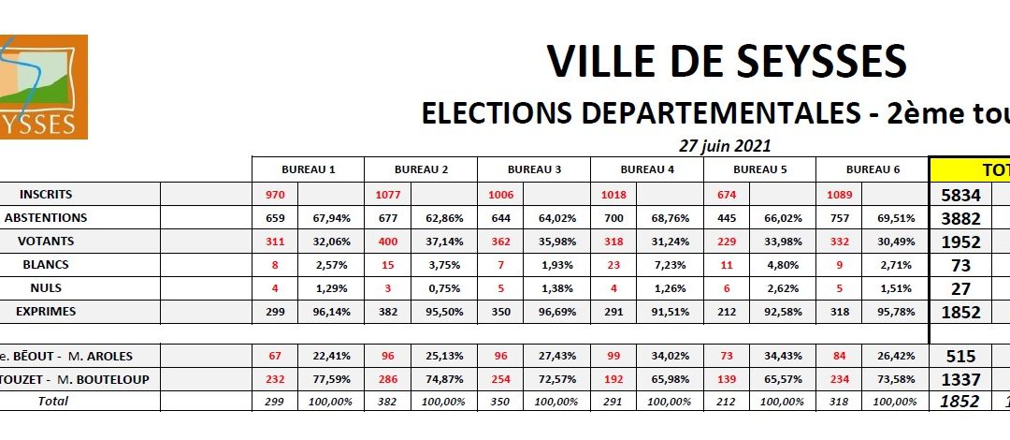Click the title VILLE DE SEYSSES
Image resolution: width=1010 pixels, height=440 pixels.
tap(726, 62)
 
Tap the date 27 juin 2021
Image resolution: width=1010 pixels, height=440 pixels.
tap(726, 145)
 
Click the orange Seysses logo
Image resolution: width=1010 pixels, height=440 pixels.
tap(43, 86)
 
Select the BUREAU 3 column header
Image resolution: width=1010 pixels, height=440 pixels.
tap(534, 170)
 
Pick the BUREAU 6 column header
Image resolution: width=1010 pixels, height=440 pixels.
tap(873, 170)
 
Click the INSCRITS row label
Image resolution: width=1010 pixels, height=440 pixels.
tap(46, 195)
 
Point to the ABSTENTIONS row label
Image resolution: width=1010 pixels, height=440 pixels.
tap(46, 218)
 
